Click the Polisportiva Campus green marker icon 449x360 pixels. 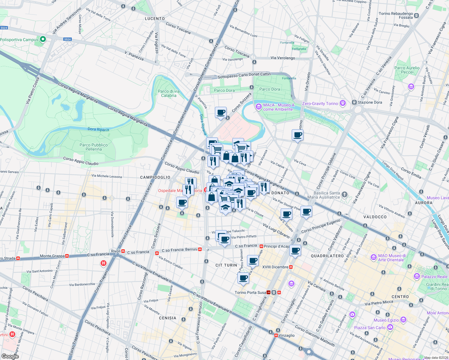pyautogui.click(x=43, y=39)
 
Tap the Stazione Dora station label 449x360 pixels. pyautogui.click(x=370, y=102)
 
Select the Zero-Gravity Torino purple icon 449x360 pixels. pyautogui.click(x=343, y=103)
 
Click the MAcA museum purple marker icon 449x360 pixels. pyautogui.click(x=258, y=107)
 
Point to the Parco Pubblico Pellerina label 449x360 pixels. pyautogui.click(x=94, y=147)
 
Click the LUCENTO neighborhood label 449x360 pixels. pyautogui.click(x=155, y=19)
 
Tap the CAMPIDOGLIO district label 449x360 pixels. pyautogui.click(x=155, y=177)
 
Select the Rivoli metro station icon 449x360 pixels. pyautogui.click(x=123, y=251)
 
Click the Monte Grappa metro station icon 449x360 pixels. pyautogui.click(x=67, y=256)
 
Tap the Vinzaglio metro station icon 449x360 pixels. pyautogui.click(x=276, y=335)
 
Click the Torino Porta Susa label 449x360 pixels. pyautogui.click(x=250, y=292)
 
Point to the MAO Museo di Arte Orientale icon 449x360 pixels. pyautogui.click(x=373, y=257)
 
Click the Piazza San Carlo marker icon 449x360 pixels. pyautogui.click(x=390, y=327)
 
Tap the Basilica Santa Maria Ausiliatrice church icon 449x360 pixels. pyautogui.click(x=345, y=195)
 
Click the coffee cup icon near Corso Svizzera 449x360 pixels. pyautogui.click(x=221, y=112)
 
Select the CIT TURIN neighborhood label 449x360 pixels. pyautogui.click(x=226, y=265)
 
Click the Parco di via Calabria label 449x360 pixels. pyautogui.click(x=169, y=93)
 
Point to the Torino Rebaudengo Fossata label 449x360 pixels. pyautogui.click(x=396, y=16)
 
